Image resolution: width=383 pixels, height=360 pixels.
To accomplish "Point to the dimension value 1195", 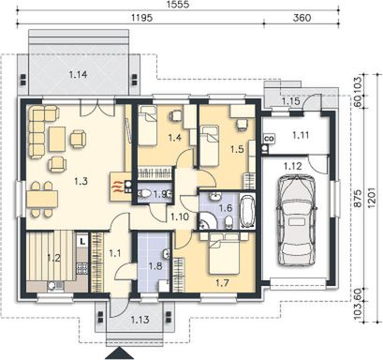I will (x=140, y=19).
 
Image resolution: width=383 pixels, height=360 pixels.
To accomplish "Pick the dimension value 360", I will (x=302, y=19).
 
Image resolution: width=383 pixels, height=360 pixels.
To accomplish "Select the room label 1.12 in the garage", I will (x=291, y=167).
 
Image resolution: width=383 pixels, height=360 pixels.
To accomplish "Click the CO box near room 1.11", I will (x=269, y=140).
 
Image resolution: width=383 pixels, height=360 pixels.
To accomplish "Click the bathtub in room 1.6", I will (x=247, y=212).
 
